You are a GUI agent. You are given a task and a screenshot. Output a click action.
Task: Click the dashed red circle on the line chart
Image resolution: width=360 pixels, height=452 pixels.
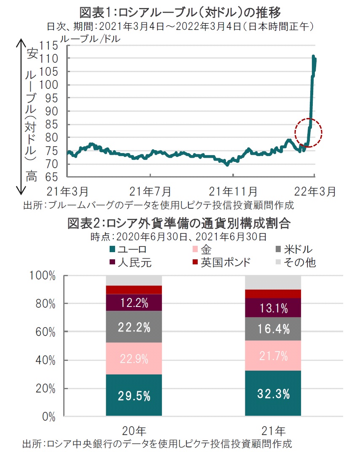pos(308,132)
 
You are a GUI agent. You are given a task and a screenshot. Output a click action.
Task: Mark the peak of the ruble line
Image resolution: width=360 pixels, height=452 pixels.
pos(313,56)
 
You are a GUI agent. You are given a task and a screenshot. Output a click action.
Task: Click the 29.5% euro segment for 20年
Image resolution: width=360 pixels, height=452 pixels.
pos(134,395)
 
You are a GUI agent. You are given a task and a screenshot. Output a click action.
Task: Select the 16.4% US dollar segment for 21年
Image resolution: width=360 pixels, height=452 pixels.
pos(273,329)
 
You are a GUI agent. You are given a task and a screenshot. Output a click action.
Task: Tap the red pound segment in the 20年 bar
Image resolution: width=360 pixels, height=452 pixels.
pos(134,290)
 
